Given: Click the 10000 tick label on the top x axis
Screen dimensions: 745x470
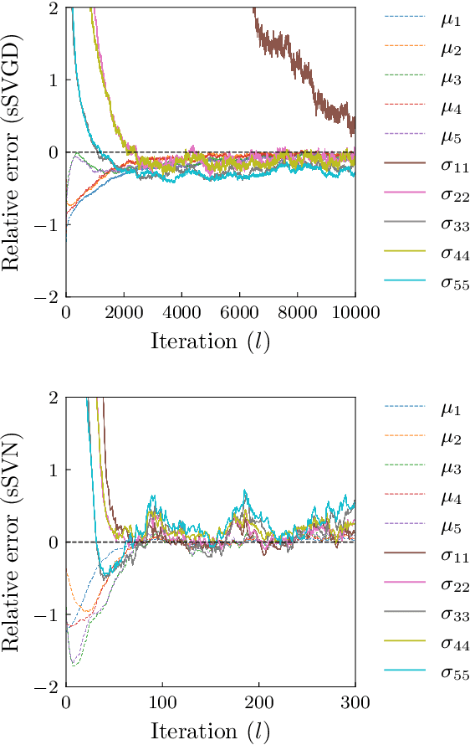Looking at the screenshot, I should click(x=355, y=313).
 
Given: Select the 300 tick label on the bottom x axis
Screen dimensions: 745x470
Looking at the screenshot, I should click(x=355, y=703).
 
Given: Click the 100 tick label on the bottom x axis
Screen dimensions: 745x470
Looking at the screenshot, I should click(x=162, y=703).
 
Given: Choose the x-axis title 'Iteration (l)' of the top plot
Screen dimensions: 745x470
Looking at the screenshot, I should click(x=210, y=342).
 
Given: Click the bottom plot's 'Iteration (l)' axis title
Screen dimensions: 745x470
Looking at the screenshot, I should click(x=210, y=732).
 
